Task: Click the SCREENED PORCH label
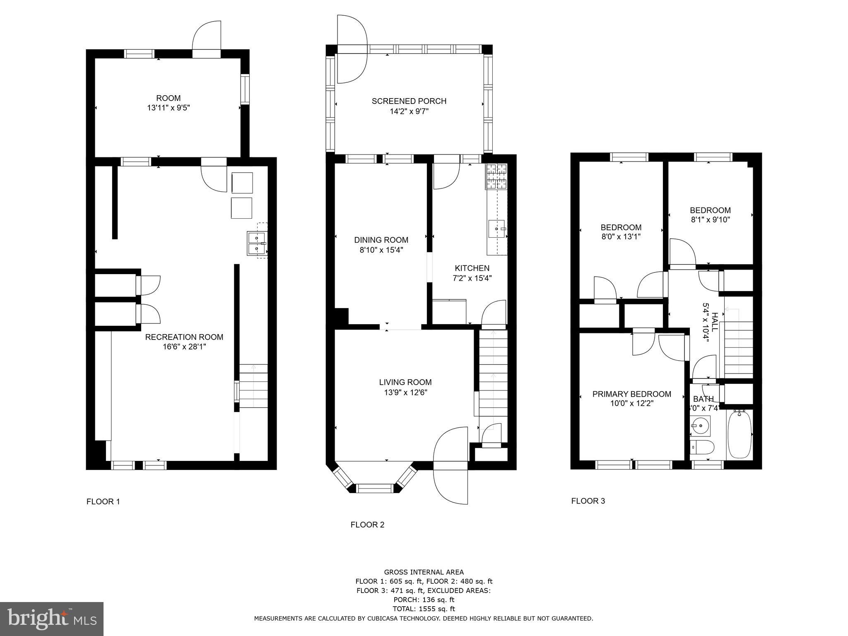tap(409, 101)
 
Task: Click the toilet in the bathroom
tap(702, 448)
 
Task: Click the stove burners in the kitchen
tap(496, 176)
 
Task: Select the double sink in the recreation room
tap(257, 243)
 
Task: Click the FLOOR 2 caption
tap(367, 525)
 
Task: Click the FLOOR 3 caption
tap(588, 501)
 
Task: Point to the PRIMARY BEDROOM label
tap(631, 394)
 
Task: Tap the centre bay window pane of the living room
tap(375, 489)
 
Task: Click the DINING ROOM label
tap(381, 240)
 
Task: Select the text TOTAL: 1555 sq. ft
tap(424, 609)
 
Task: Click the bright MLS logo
tap(52, 619)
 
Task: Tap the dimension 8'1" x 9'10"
tap(710, 220)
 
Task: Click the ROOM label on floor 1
tap(168, 98)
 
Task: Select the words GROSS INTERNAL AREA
tap(424, 572)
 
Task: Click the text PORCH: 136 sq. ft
tap(424, 600)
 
